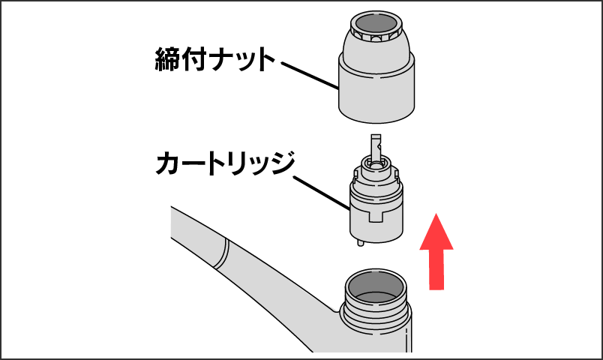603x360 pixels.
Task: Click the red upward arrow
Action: point(436,252)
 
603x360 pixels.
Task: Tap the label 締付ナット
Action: point(215,59)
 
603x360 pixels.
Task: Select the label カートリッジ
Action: point(225,163)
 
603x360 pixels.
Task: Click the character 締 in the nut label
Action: point(168,59)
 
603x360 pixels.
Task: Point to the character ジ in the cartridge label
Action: point(282,163)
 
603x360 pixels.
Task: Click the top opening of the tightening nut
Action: point(376,23)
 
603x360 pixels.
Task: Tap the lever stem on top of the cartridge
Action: point(376,147)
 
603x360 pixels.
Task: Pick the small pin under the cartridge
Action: point(360,242)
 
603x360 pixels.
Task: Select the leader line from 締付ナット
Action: point(310,76)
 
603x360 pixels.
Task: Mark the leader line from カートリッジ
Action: point(322,193)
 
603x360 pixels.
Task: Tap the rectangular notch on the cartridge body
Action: point(376,216)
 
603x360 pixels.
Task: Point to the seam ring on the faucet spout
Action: point(222,253)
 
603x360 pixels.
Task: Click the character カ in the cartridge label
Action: point(168,163)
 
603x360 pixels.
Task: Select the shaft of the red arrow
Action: point(436,270)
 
